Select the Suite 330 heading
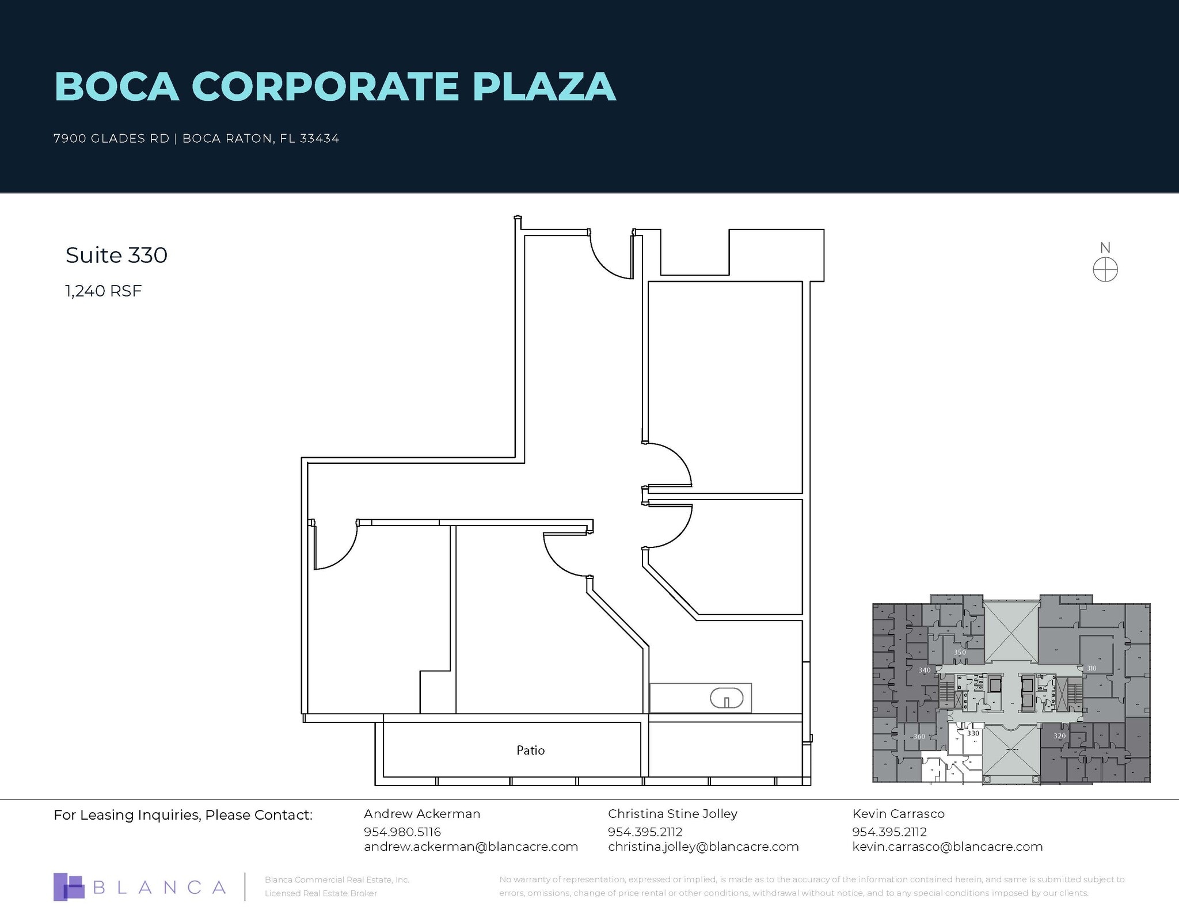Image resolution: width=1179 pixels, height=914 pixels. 116,256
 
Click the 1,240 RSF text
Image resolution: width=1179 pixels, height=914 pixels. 104,291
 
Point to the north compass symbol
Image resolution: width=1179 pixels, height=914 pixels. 1105,269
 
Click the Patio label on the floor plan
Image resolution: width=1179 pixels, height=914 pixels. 530,751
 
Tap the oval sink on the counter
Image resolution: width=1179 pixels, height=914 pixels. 726,699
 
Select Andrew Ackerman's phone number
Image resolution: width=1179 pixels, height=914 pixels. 402,832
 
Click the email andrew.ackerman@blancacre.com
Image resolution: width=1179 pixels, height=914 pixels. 470,847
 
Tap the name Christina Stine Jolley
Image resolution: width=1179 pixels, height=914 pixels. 672,814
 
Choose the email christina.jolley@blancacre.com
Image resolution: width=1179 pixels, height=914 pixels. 703,847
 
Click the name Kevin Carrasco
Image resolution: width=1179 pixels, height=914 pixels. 898,814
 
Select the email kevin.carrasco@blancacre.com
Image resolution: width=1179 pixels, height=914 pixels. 947,847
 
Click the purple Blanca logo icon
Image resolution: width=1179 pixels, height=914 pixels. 69,887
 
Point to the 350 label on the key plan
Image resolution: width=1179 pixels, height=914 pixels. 960,652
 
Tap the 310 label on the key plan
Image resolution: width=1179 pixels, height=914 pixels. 1091,668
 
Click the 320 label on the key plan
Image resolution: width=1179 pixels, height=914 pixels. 1059,736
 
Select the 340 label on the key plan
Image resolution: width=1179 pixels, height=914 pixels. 925,670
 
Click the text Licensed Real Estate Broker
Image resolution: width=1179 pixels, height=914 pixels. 321,893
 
